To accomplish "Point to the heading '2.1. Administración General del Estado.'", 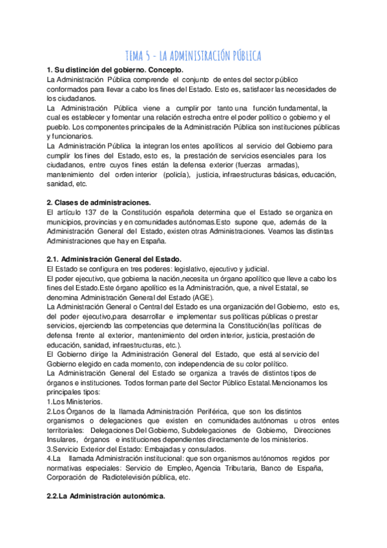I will (x=114, y=259).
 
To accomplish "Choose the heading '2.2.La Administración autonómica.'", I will (x=106, y=496).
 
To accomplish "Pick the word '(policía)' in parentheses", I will (x=176, y=174).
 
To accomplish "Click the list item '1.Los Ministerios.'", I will (x=76, y=401).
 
